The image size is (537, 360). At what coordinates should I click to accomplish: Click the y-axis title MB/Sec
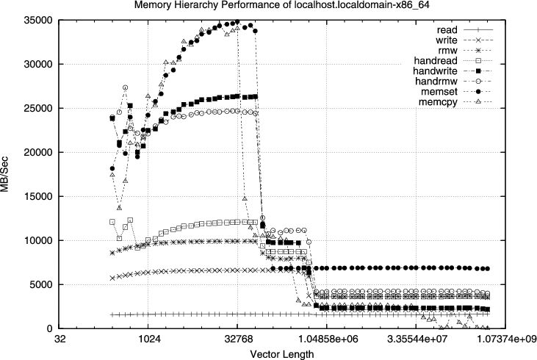(x=7, y=174)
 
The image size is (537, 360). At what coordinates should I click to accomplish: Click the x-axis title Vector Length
(x=282, y=354)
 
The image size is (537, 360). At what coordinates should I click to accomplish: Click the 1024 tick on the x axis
(x=148, y=339)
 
